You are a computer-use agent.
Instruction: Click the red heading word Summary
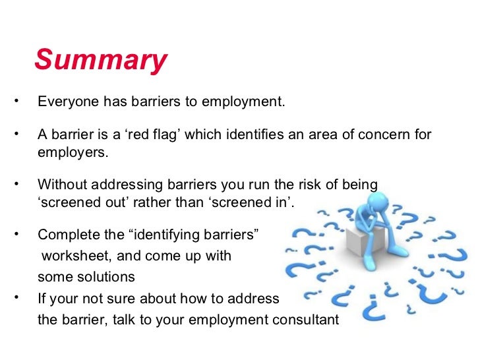[x=101, y=60]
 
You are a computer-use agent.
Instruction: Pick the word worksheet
[x=73, y=255]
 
